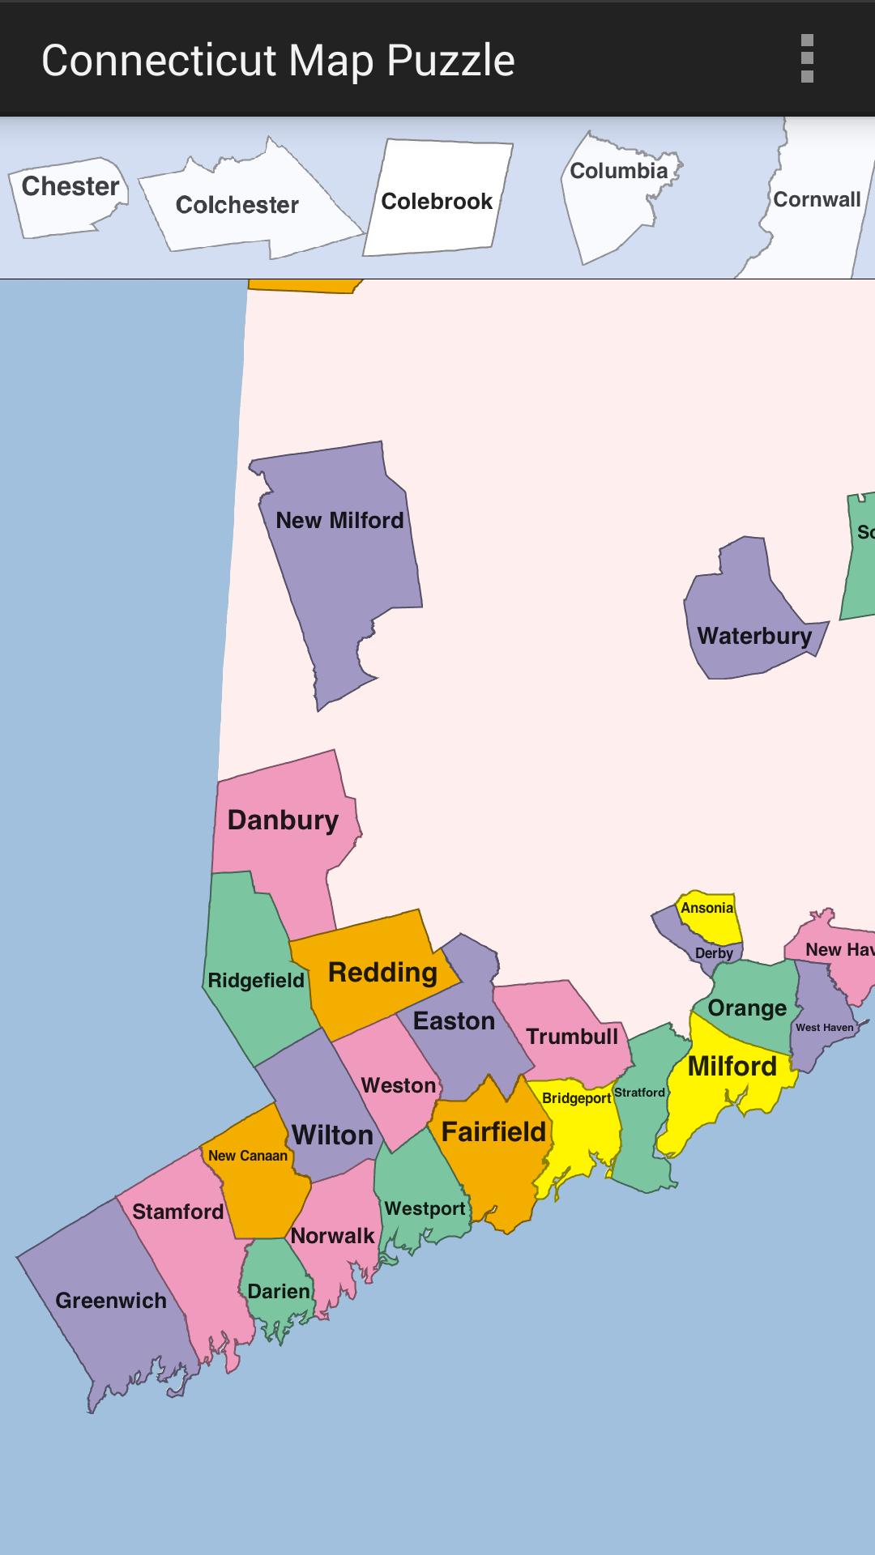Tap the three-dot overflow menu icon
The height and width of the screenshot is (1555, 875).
click(806, 58)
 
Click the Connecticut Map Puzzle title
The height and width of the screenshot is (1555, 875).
click(278, 61)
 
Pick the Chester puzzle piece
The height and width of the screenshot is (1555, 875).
click(70, 187)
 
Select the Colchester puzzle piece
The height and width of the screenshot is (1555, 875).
click(237, 205)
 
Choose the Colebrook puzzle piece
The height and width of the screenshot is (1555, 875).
click(437, 201)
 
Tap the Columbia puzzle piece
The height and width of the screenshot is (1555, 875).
click(618, 171)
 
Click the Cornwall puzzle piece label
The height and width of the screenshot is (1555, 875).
click(817, 200)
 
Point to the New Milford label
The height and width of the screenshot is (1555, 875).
click(339, 520)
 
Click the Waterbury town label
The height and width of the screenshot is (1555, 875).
click(754, 636)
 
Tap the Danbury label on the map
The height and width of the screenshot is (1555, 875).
click(283, 820)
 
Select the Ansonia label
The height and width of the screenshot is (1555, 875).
click(706, 908)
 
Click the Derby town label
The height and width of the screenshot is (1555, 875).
click(714, 953)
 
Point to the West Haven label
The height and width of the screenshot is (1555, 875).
click(824, 1028)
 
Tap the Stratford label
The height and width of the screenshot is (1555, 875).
click(639, 1093)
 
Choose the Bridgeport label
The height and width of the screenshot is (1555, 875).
click(576, 1098)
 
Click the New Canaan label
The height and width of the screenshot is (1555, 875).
click(247, 1156)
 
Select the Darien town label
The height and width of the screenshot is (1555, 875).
click(279, 1291)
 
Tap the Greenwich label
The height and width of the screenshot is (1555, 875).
click(111, 1301)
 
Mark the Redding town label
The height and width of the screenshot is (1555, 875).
click(382, 972)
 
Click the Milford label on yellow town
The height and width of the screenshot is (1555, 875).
click(732, 1067)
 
